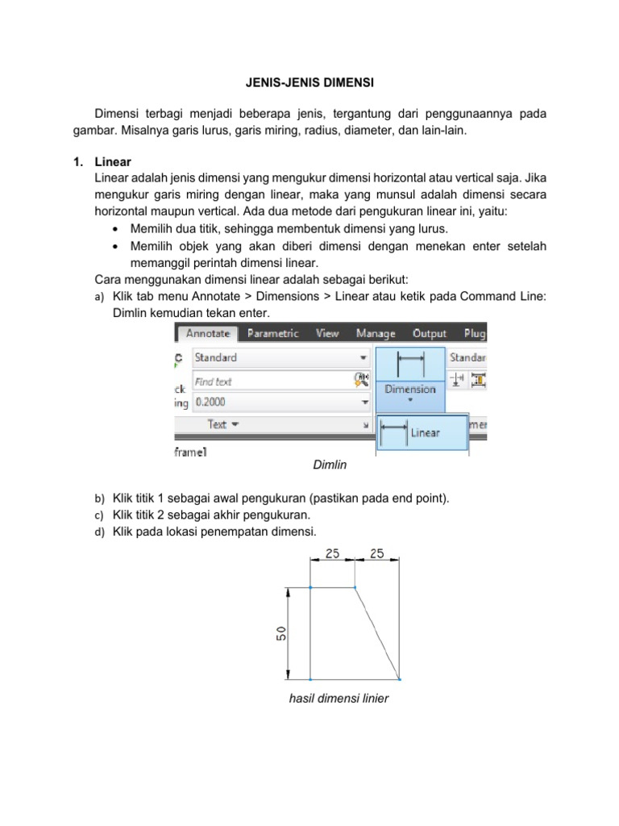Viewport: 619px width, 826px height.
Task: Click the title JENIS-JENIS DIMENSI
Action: click(309, 82)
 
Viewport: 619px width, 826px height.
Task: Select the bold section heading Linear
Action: click(112, 161)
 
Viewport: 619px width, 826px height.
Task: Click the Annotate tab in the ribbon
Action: click(208, 333)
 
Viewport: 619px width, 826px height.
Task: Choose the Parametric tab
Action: click(272, 333)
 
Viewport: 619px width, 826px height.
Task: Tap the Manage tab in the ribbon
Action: click(376, 333)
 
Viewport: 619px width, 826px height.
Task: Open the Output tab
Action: click(430, 333)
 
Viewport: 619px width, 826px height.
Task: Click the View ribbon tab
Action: click(327, 333)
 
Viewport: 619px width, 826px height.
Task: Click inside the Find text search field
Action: click(270, 381)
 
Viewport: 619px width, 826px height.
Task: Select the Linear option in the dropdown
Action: click(424, 433)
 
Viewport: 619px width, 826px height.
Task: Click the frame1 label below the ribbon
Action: click(190, 453)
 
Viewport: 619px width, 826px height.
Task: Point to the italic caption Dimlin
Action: click(329, 465)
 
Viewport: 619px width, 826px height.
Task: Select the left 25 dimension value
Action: click(333, 553)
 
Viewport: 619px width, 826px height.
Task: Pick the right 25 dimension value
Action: click(376, 553)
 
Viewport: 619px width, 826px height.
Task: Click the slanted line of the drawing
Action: click(377, 633)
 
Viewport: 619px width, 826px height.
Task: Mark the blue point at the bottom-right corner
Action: click(399, 678)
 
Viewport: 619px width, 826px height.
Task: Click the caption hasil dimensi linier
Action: click(339, 699)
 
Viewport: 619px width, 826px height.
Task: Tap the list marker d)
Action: click(100, 532)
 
